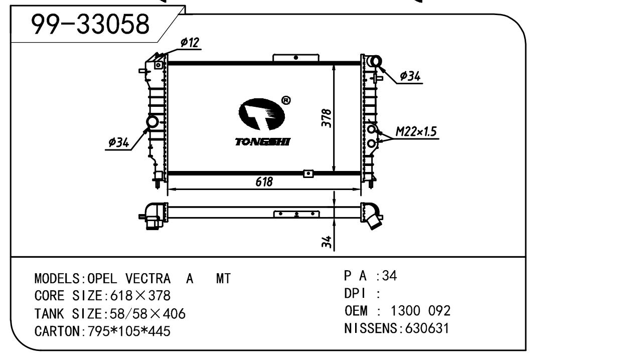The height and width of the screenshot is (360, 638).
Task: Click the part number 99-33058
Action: [90, 24]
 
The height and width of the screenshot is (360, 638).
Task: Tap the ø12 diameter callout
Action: [190, 43]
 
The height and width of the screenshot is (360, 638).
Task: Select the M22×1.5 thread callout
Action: [416, 131]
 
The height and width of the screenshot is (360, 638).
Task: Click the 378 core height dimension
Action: [327, 118]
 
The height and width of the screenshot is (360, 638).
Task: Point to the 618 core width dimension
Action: [264, 182]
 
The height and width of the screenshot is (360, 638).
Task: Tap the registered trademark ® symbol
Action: [286, 100]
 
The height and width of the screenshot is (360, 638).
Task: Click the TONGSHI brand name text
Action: [263, 141]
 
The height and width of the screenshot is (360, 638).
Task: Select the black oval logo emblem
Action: [262, 114]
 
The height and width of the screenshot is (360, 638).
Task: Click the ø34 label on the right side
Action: [410, 76]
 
